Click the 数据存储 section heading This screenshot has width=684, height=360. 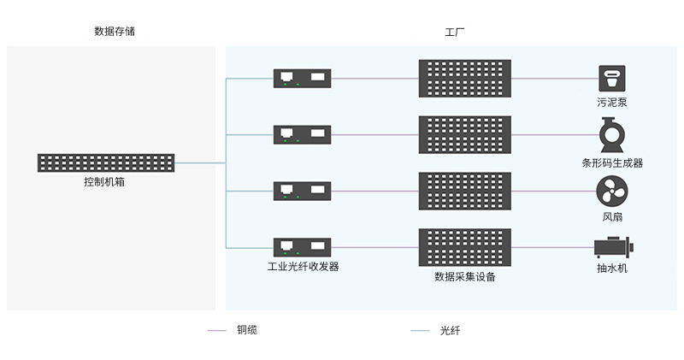click(x=115, y=31)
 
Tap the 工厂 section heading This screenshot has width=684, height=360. click(x=454, y=32)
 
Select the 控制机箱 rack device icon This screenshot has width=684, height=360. click(x=106, y=162)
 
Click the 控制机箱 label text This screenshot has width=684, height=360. click(x=104, y=181)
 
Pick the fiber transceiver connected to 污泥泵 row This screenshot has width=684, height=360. click(x=303, y=79)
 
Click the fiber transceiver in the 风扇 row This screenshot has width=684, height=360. click(x=303, y=192)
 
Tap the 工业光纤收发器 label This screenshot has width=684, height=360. click(x=304, y=266)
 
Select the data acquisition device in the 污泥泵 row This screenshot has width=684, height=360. click(x=465, y=79)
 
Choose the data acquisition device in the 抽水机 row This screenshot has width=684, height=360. click(x=465, y=247)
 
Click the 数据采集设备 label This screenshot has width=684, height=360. click(x=465, y=277)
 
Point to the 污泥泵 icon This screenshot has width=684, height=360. click(x=612, y=79)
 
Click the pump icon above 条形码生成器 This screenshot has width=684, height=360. click(x=612, y=134)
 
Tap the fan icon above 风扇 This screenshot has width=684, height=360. click(x=612, y=192)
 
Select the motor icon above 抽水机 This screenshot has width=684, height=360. click(x=613, y=247)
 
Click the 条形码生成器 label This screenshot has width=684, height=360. click(x=612, y=163)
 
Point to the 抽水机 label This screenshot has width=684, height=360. click(x=612, y=268)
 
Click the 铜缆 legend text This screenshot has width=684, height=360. click(x=247, y=330)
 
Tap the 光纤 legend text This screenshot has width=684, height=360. click(x=450, y=330)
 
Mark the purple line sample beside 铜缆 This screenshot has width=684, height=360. click(x=217, y=330)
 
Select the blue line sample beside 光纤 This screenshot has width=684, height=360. click(x=420, y=331)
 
